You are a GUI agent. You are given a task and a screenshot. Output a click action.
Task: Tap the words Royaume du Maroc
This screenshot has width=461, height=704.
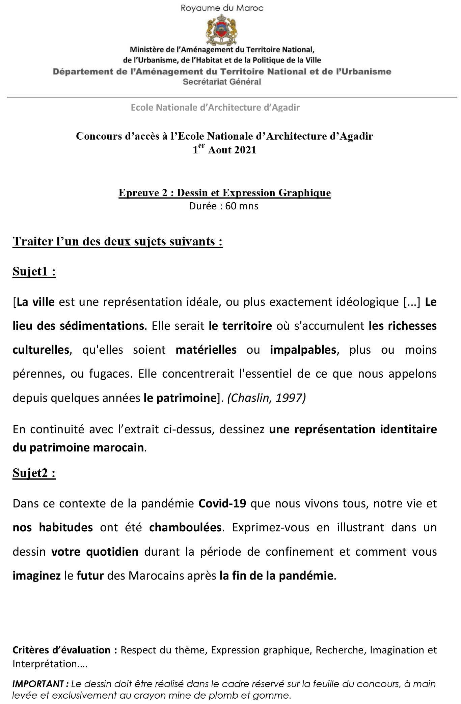pyautogui.click(x=222, y=8)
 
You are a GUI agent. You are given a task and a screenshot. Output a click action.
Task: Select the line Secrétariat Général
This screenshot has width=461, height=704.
pyautogui.click(x=222, y=82)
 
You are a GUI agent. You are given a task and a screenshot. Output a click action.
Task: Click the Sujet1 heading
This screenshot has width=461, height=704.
pyautogui.click(x=34, y=271)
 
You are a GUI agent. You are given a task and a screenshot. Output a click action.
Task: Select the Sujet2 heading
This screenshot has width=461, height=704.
pyautogui.click(x=34, y=473)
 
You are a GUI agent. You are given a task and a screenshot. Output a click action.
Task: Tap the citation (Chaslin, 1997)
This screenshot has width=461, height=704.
pyautogui.click(x=267, y=398)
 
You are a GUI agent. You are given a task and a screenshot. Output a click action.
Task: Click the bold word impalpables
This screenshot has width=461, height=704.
pyautogui.click(x=303, y=350)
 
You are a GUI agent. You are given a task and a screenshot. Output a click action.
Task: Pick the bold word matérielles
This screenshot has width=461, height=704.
pyautogui.click(x=206, y=350)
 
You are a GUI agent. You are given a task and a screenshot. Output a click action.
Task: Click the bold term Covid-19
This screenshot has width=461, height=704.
pyautogui.click(x=222, y=503)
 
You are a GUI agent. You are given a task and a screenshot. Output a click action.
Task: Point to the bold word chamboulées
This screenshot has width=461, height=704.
pyautogui.click(x=185, y=527)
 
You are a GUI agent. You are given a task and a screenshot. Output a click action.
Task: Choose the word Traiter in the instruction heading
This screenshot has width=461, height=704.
pyautogui.click(x=32, y=241)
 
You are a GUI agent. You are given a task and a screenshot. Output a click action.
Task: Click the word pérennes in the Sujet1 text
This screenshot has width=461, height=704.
pyautogui.click(x=38, y=374)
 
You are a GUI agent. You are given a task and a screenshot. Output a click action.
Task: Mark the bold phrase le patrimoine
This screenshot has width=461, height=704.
pyautogui.click(x=180, y=398)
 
